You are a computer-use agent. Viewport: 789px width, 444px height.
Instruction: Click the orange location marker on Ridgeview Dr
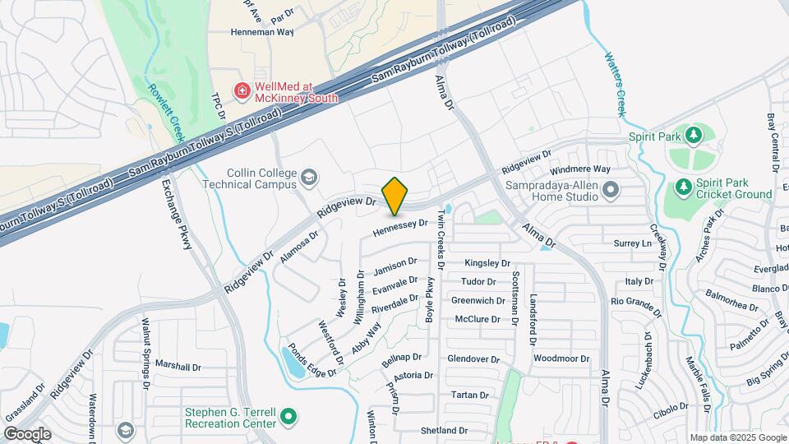(x=395, y=196)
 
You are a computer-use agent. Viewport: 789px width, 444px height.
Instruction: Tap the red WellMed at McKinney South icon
(x=242, y=90)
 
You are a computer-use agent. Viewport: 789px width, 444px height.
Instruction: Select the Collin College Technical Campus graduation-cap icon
(x=308, y=178)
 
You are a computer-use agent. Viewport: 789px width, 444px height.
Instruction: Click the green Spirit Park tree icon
(x=695, y=134)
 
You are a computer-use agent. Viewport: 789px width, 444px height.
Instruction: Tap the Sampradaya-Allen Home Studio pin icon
(x=610, y=191)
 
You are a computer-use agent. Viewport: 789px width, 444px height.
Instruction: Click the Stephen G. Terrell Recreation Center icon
(x=288, y=417)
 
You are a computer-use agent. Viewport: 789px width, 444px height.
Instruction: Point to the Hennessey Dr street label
(x=400, y=227)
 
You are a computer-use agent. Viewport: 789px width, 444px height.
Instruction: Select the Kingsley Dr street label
(x=487, y=263)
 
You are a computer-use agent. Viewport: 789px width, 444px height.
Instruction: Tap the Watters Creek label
(x=616, y=85)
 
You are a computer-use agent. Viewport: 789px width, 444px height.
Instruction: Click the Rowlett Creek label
(x=166, y=111)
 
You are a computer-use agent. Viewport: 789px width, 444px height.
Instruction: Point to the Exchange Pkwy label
(x=178, y=220)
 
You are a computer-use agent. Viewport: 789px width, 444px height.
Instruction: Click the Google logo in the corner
(x=26, y=433)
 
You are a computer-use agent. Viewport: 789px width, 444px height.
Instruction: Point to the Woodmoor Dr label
(x=561, y=358)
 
